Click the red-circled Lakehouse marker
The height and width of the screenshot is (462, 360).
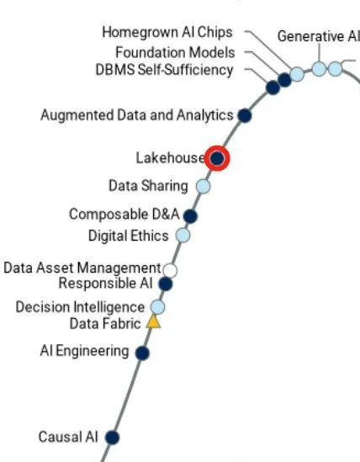pyautogui.click(x=217, y=158)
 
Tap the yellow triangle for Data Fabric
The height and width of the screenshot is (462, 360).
pyautogui.click(x=153, y=322)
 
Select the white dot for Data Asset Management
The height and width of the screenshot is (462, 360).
pyautogui.click(x=170, y=270)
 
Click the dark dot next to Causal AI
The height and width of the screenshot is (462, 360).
pyautogui.click(x=112, y=438)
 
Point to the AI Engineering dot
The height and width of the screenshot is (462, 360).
pyautogui.click(x=142, y=353)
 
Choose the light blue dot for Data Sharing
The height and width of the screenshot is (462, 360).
pyautogui.click(x=203, y=187)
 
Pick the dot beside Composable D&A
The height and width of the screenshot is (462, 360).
pyautogui.click(x=190, y=216)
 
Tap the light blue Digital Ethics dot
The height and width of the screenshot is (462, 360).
pyautogui.click(x=183, y=235)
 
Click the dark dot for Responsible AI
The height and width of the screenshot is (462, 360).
pyautogui.click(x=165, y=284)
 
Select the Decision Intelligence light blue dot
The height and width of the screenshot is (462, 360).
pyautogui.click(x=157, y=307)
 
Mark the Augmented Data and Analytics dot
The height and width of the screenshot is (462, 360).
pyautogui.click(x=245, y=115)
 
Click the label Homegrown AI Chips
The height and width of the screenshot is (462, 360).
pyautogui.click(x=167, y=32)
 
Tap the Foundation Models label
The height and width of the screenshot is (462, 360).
pyautogui.click(x=175, y=52)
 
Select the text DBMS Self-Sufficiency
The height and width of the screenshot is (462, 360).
pyautogui.click(x=164, y=70)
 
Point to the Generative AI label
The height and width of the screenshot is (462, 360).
pyautogui.click(x=319, y=36)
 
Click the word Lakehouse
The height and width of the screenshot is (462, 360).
pyautogui.click(x=170, y=158)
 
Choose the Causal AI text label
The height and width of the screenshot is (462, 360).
pyautogui.click(x=68, y=437)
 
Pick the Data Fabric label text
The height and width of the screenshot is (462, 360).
pyautogui.click(x=105, y=324)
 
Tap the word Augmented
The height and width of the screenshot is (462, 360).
pyautogui.click(x=77, y=115)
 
